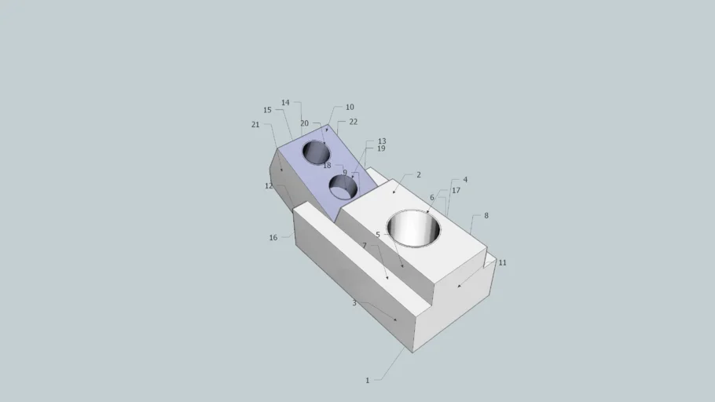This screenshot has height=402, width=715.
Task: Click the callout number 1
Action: (367, 381)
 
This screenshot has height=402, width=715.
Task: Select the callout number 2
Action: (419, 175)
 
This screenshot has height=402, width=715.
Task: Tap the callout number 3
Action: (354, 303)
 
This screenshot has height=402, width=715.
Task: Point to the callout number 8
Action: (486, 215)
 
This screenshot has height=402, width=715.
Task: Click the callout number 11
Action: (502, 263)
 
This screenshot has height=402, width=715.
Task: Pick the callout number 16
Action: (273, 238)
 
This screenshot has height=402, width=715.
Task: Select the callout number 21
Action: (255, 125)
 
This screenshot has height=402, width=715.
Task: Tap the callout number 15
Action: (267, 111)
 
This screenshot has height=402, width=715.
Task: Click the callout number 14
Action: (285, 103)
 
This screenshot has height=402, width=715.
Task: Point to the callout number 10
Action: (350, 108)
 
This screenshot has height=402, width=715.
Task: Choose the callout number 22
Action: (353, 122)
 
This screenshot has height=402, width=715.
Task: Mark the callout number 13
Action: (382, 142)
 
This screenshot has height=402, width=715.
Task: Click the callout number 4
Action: (465, 180)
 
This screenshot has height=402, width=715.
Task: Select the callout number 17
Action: (456, 191)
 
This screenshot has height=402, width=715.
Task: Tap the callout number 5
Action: (378, 235)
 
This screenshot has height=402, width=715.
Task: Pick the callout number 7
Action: (364, 246)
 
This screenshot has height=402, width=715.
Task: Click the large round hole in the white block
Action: (413, 228)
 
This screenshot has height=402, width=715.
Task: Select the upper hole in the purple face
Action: (317, 152)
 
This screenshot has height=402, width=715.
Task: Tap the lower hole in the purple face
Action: (343, 187)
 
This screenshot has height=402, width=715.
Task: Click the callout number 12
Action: (269, 186)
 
